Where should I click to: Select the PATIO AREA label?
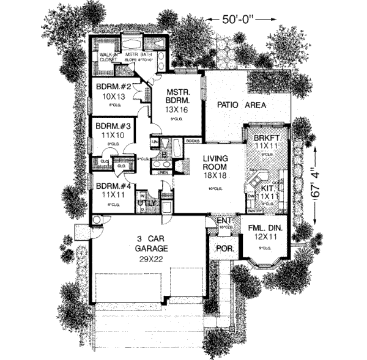tap(242, 105)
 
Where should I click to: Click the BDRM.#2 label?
tap(111, 86)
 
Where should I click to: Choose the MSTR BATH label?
tap(138, 55)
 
